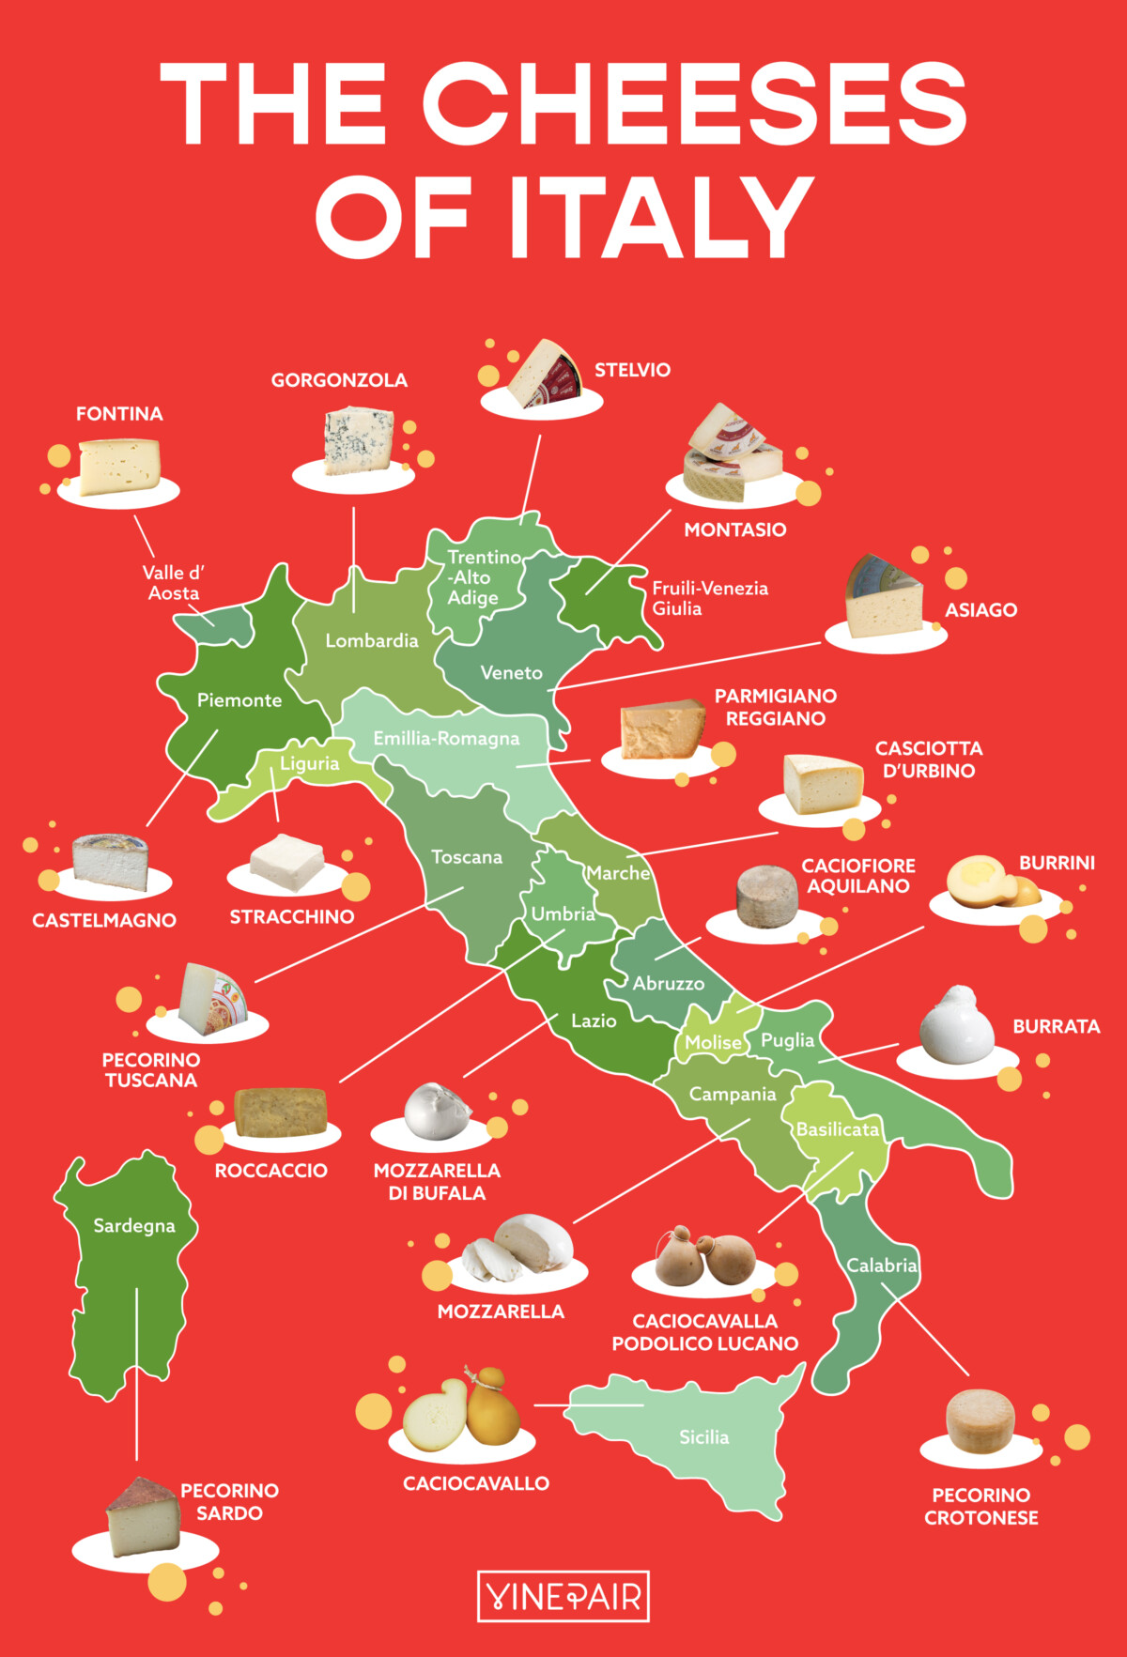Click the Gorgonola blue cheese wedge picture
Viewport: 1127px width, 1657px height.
pyautogui.click(x=358, y=440)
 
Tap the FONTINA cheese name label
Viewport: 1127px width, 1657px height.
pyautogui.click(x=119, y=414)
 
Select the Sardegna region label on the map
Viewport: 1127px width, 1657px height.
pyautogui.click(x=134, y=1226)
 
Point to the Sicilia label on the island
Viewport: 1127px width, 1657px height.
pyautogui.click(x=703, y=1437)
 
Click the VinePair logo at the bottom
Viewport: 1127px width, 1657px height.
pyautogui.click(x=563, y=1596)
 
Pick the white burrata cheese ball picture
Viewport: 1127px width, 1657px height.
pyautogui.click(x=957, y=1025)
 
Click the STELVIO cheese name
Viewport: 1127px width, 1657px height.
pyautogui.click(x=632, y=370)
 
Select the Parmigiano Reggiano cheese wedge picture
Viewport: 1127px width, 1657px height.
pyautogui.click(x=662, y=729)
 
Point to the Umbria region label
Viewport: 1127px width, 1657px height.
pyautogui.click(x=563, y=914)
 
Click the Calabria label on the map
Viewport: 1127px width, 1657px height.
pyautogui.click(x=881, y=1266)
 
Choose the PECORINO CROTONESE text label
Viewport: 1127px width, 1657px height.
pyautogui.click(x=980, y=1506)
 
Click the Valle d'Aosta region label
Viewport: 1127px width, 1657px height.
pyautogui.click(x=174, y=583)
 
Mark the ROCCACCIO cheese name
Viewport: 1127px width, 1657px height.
pyautogui.click(x=270, y=1171)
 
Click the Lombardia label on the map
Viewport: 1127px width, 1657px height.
pyautogui.click(x=372, y=641)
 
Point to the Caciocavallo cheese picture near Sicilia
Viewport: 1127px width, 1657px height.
pyautogui.click(x=462, y=1411)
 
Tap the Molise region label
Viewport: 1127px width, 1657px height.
pyautogui.click(x=713, y=1042)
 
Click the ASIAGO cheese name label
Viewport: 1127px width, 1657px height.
pyautogui.click(x=980, y=610)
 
